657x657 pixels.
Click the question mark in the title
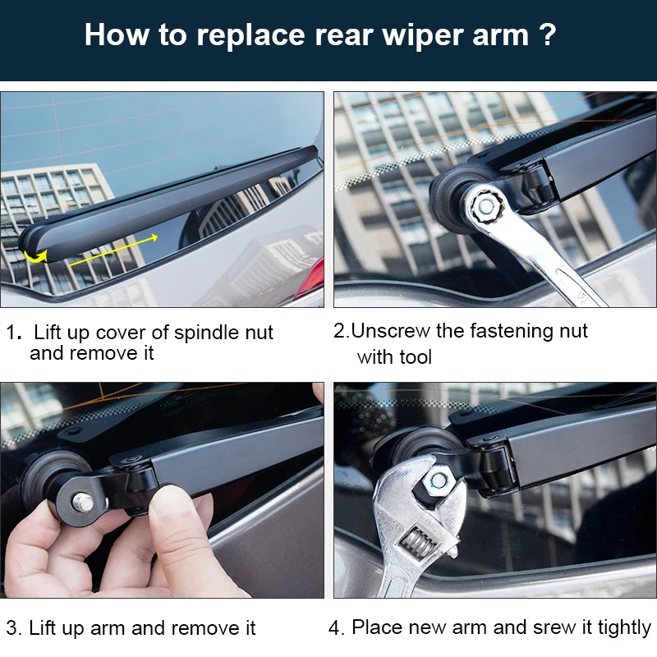[x=547, y=35]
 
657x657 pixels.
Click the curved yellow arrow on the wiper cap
[x=35, y=256]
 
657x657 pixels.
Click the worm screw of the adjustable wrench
[x=416, y=545]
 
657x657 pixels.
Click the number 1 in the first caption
[x=12, y=333]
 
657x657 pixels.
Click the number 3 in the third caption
[x=11, y=628]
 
